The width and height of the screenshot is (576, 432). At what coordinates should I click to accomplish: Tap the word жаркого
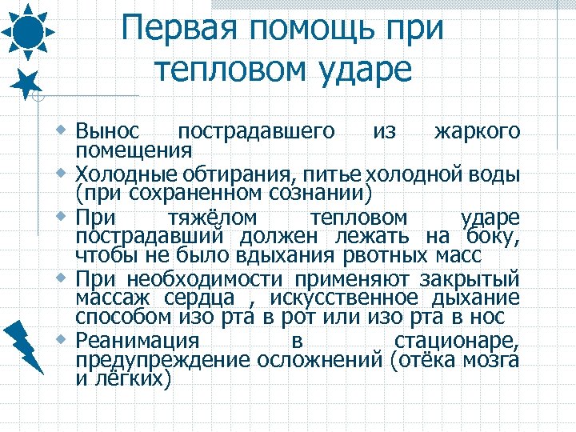coord(477,131)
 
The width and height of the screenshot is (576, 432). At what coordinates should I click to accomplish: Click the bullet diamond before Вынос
coord(62,128)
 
